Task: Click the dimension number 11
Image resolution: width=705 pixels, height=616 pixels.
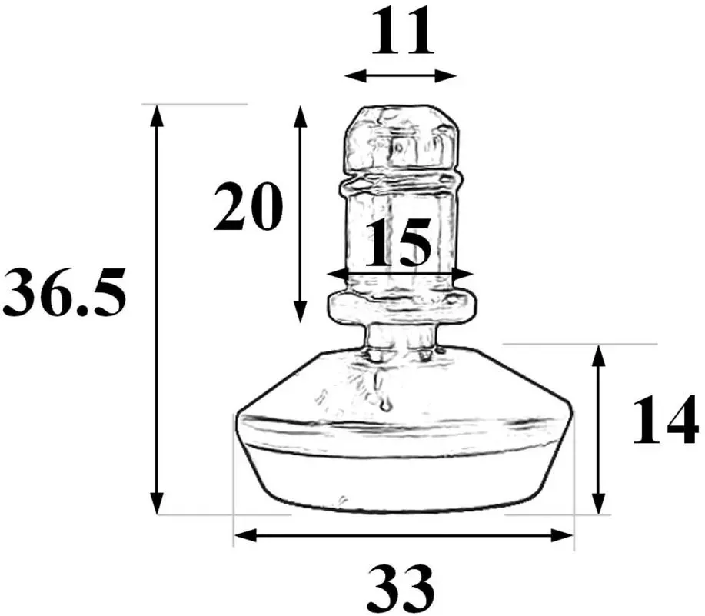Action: click(x=403, y=32)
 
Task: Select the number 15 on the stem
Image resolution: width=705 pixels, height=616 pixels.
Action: click(x=398, y=242)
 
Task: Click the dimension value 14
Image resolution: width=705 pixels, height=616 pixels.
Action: click(x=666, y=420)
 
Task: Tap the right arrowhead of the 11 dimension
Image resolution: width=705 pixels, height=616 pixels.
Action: click(x=446, y=76)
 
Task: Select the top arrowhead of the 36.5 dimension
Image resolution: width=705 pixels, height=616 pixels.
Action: click(x=156, y=116)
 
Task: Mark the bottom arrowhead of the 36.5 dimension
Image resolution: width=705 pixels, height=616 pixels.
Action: click(x=157, y=503)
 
